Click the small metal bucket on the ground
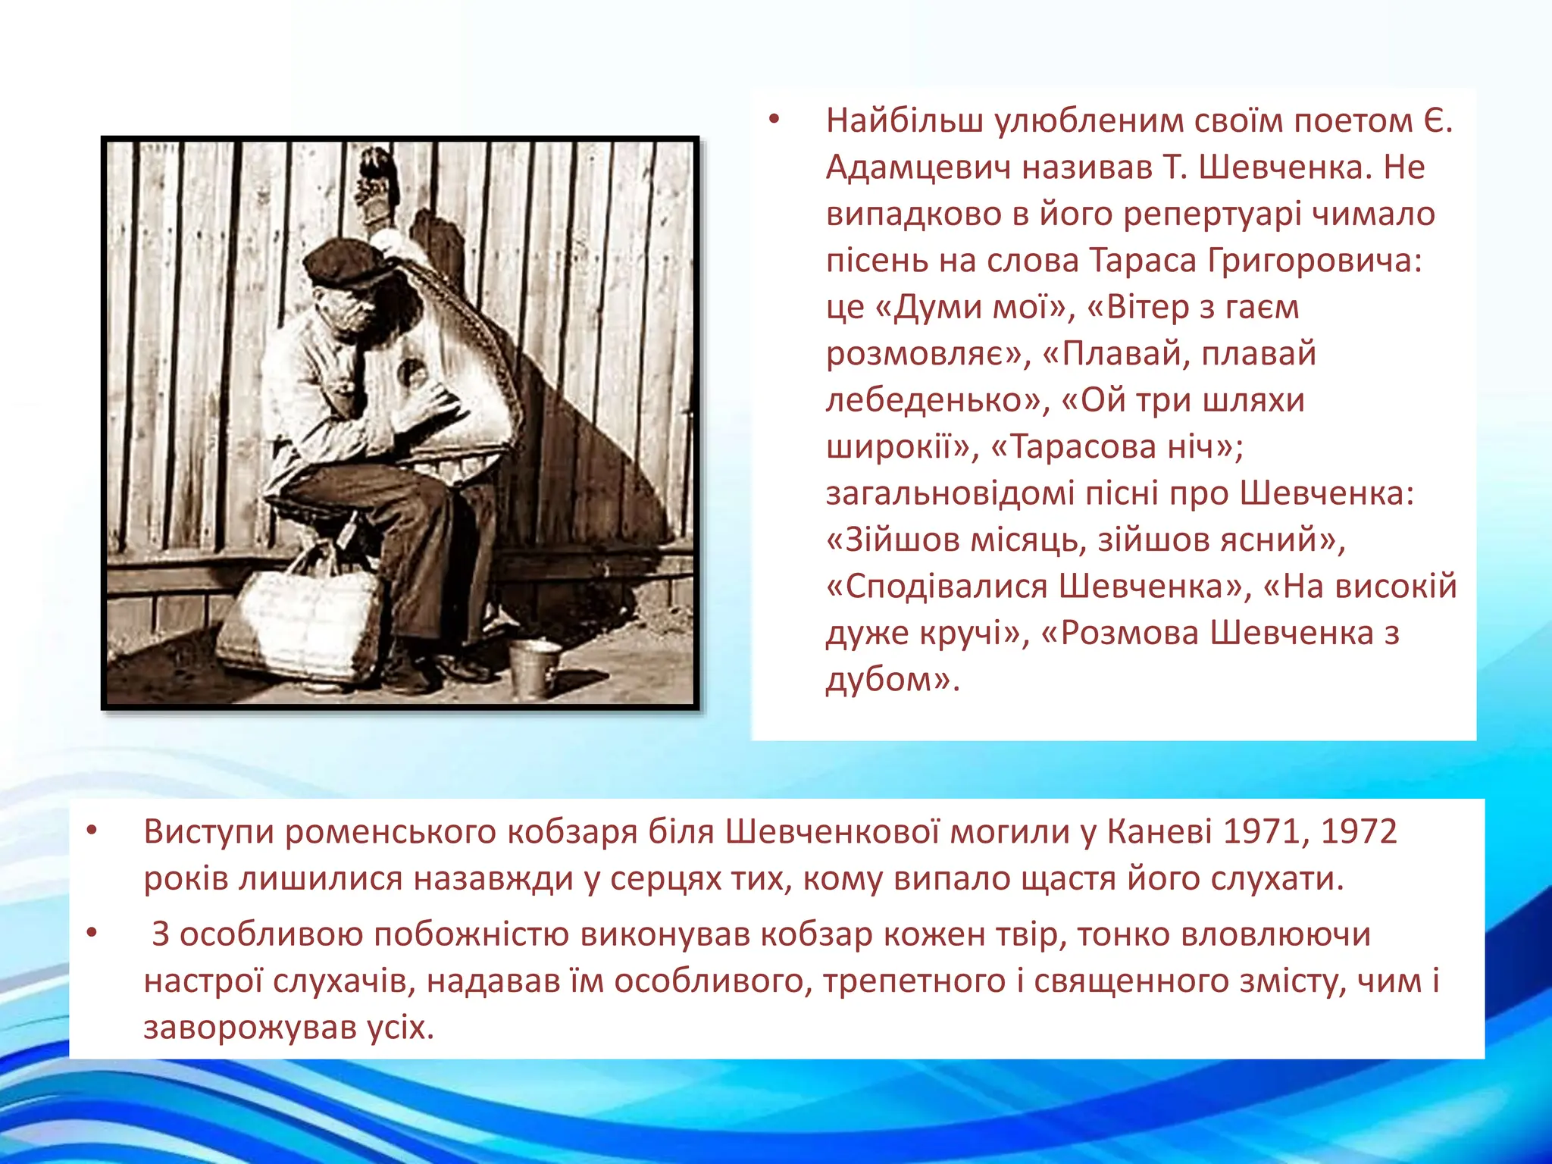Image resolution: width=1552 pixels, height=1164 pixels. (534, 667)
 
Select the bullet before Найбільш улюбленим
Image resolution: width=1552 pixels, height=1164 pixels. (773, 120)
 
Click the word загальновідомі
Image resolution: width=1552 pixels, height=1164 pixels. (950, 493)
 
